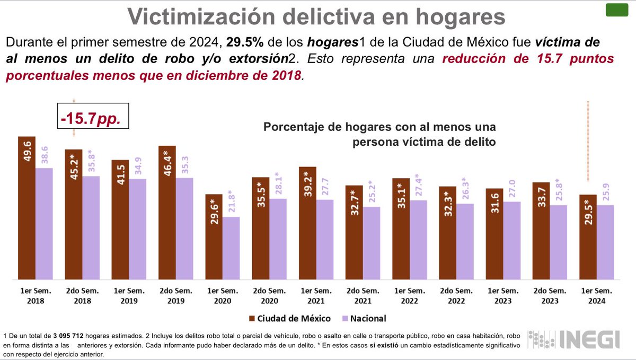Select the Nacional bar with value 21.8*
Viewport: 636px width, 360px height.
[231, 248]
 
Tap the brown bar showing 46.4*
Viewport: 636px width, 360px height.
[167, 212]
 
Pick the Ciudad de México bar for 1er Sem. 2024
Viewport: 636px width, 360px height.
[588, 236]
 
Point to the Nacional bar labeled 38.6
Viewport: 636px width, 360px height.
[44, 223]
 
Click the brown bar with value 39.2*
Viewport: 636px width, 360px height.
[307, 223]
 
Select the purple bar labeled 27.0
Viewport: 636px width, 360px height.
[511, 240]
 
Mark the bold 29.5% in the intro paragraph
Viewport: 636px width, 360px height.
[242, 41]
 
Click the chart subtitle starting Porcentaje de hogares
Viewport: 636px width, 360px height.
[379, 135]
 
